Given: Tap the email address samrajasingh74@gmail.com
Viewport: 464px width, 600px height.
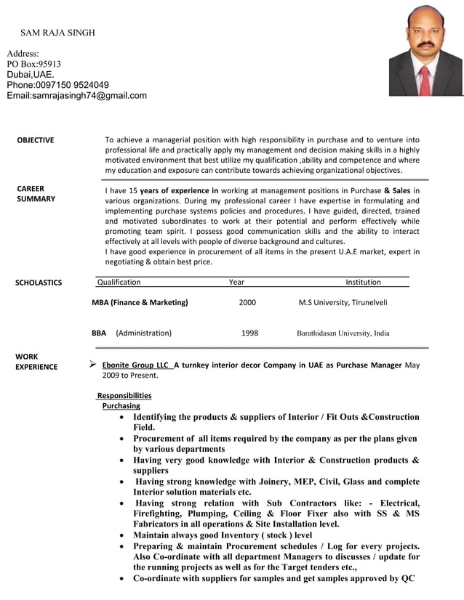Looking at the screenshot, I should pos(76,96).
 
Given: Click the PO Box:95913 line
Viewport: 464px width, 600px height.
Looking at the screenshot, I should pos(34,64).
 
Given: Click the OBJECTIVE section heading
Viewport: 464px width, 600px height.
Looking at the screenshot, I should pos(35,140).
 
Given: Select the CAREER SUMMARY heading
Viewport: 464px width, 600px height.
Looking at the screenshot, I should pos(36,194).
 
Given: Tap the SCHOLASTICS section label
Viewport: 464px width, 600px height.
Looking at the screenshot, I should pos(39,283).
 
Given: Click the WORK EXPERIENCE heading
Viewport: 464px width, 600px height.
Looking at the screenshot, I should pos(36,362).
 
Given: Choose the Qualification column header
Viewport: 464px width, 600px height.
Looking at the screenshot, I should pos(119,282).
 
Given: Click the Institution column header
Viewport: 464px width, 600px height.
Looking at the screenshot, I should pos(362,282).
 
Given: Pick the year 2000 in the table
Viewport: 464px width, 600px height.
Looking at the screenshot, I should pos(247,302).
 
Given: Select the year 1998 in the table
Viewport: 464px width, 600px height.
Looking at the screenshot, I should pos(249,333).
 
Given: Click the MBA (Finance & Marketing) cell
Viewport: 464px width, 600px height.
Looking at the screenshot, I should pos(140,302).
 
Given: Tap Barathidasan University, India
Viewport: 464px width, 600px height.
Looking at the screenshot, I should pos(343,333).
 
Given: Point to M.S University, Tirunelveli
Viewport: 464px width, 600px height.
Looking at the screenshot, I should pos(343,302).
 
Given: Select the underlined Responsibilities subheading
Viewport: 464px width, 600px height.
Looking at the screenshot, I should pos(124,395).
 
